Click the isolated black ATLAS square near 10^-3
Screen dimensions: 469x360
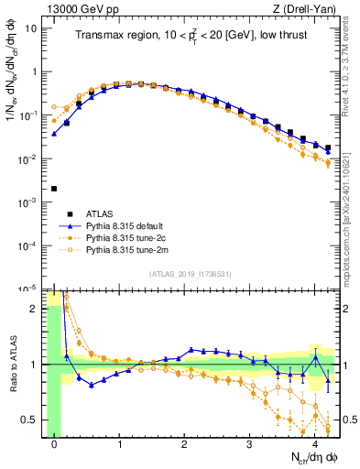[x=54, y=189]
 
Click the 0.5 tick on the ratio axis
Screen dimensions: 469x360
[x=33, y=420]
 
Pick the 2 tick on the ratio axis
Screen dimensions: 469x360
[x=38, y=309]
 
